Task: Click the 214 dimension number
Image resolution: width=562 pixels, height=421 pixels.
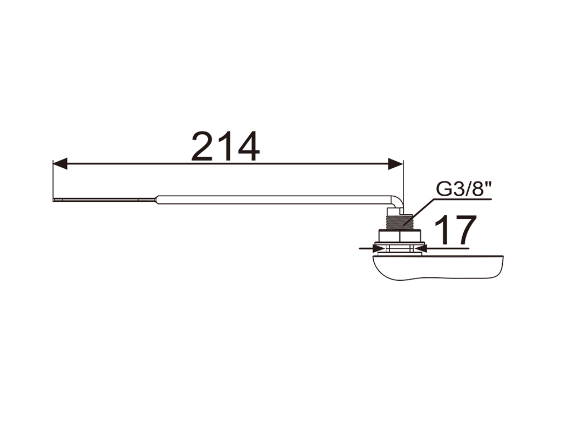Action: pyautogui.click(x=225, y=146)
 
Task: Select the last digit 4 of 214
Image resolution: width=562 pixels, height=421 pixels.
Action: pyautogui.click(x=248, y=146)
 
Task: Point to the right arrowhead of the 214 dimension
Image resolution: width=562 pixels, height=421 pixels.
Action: pyautogui.click(x=396, y=164)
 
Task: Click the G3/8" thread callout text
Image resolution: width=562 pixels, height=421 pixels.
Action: pyautogui.click(x=463, y=189)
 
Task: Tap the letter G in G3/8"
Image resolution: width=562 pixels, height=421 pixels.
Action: pyautogui.click(x=443, y=189)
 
